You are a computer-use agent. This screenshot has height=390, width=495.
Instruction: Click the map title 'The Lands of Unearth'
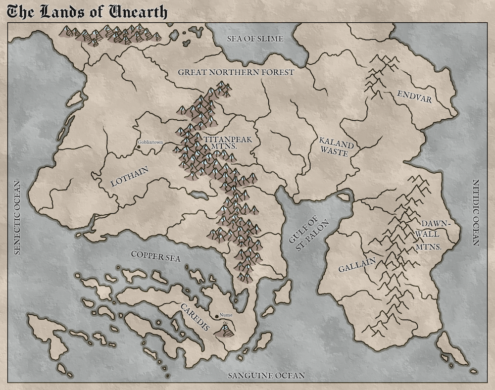click(87, 12)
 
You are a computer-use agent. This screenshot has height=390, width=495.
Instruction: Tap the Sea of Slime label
click(254, 39)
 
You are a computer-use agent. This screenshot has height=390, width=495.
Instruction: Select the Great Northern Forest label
click(236, 72)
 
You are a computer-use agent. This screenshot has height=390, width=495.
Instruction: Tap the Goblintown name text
click(150, 142)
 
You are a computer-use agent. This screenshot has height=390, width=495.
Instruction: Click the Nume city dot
click(216, 316)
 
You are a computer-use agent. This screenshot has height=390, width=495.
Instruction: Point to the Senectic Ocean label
click(16, 217)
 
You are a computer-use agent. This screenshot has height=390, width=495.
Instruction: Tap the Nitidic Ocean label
click(476, 212)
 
